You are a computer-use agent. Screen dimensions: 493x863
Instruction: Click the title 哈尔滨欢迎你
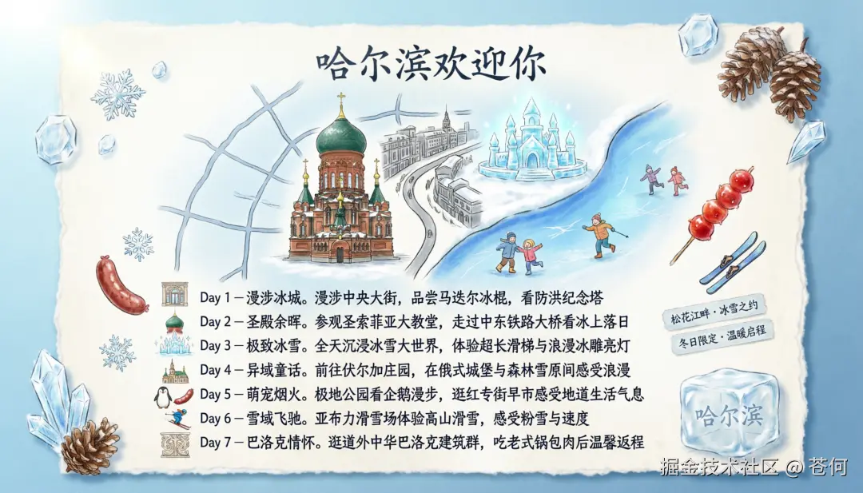point(431,64)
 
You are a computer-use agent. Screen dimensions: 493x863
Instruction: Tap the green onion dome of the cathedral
point(341,137)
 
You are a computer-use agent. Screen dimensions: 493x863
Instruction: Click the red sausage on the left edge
point(120,284)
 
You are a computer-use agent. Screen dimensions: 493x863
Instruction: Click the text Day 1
point(215,297)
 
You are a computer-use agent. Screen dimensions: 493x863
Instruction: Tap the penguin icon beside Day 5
point(163,396)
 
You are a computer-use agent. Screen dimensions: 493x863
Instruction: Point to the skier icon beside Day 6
point(177,419)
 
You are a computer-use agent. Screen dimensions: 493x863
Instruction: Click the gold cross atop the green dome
point(341,102)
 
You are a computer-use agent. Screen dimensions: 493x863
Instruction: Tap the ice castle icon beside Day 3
point(174,346)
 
